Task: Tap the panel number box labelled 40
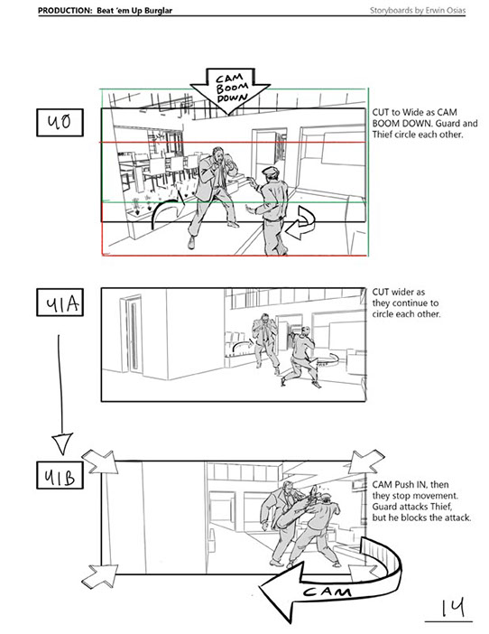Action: [x=60, y=122]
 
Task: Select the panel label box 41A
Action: [x=60, y=302]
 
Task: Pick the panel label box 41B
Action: [x=60, y=475]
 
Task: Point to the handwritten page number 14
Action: [x=452, y=608]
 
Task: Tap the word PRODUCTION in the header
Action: [x=65, y=11]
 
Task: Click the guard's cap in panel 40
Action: [x=270, y=171]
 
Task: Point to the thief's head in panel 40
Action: [x=219, y=155]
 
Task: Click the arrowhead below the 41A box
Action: [x=62, y=443]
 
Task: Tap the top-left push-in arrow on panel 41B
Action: [x=100, y=462]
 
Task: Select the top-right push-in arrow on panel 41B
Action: [x=364, y=461]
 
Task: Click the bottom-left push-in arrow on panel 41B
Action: [x=100, y=575]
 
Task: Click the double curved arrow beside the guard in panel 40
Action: [x=300, y=222]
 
